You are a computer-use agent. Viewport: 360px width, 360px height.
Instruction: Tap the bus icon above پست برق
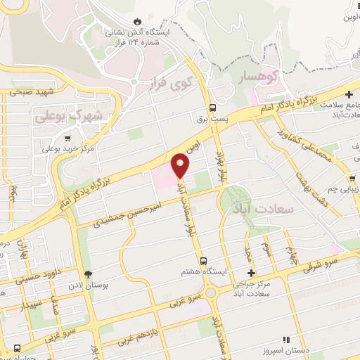(212, 108)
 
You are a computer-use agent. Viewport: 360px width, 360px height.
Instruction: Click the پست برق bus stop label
(212, 120)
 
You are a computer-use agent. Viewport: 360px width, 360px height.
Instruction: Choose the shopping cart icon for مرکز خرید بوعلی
(67, 138)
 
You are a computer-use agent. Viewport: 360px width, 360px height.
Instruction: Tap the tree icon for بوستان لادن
(88, 275)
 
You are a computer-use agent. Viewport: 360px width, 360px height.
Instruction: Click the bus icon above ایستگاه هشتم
(203, 261)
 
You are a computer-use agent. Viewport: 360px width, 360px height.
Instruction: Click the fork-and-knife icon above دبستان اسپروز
(285, 339)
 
